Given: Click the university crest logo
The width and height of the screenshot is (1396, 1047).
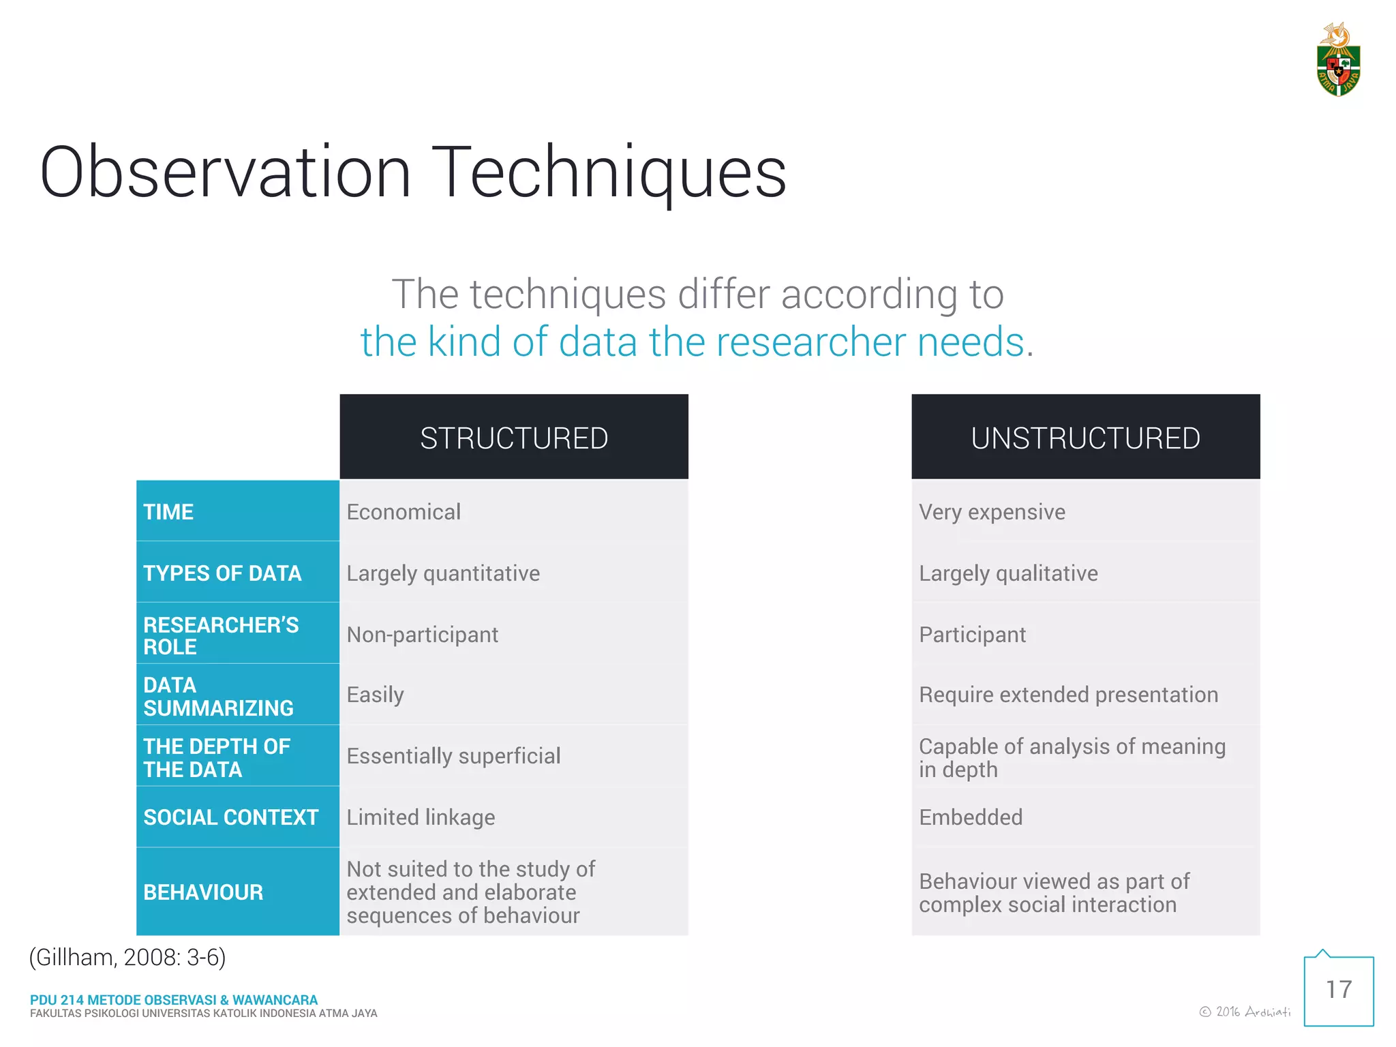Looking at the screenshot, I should point(1338,61).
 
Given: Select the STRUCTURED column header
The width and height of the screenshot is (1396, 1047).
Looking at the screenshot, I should point(514,438).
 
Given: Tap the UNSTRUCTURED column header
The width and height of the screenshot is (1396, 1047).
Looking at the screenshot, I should point(1085,438).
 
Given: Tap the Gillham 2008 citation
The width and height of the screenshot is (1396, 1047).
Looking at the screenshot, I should point(127,958).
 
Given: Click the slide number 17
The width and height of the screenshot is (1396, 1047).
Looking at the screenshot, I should point(1339,990).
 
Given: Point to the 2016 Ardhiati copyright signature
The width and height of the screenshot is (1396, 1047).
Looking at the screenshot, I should point(1245,1012).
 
